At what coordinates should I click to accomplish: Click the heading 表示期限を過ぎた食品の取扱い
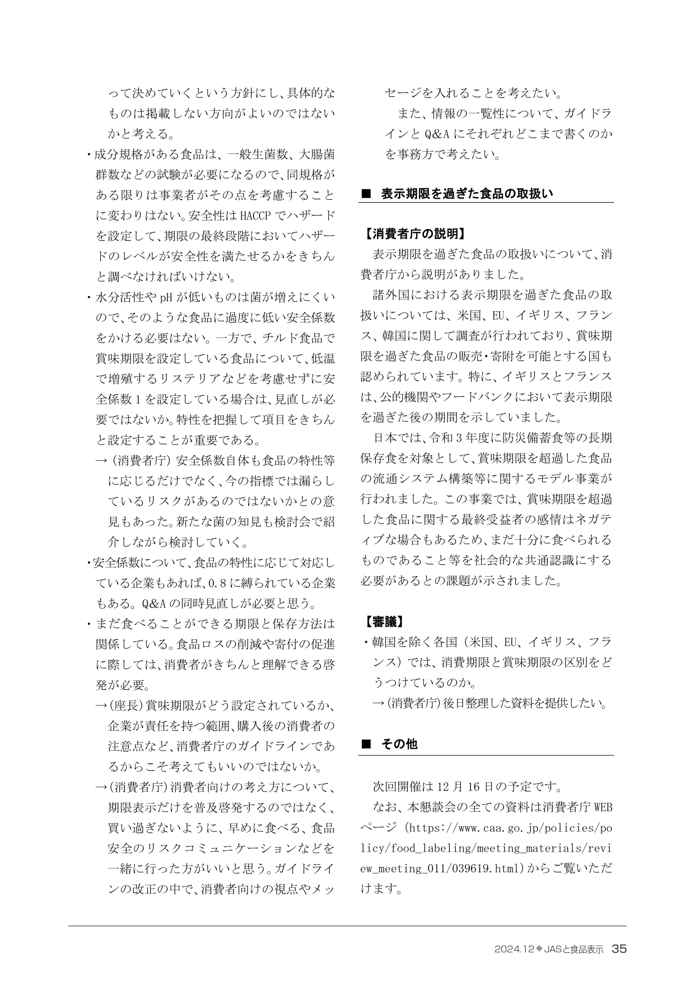[467, 194]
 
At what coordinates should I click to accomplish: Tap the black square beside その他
[367, 745]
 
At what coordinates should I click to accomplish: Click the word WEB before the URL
[602, 808]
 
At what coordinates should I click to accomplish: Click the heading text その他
[399, 745]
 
